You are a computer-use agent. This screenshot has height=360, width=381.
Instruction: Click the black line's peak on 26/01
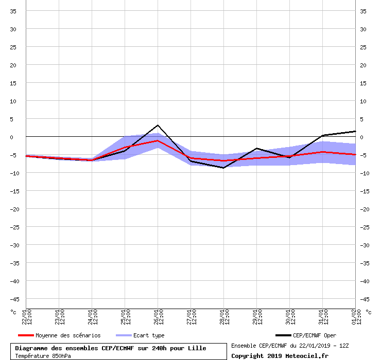(158, 125)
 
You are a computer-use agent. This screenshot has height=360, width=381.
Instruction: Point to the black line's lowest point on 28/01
(223, 168)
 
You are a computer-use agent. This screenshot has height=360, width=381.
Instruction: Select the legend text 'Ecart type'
(149, 336)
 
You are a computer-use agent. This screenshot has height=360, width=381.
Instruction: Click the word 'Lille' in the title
(195, 348)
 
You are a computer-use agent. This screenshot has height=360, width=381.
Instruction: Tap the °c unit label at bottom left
(13, 312)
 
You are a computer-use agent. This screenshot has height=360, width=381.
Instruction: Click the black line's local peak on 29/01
(256, 148)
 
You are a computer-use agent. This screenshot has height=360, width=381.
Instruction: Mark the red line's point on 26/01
(158, 140)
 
